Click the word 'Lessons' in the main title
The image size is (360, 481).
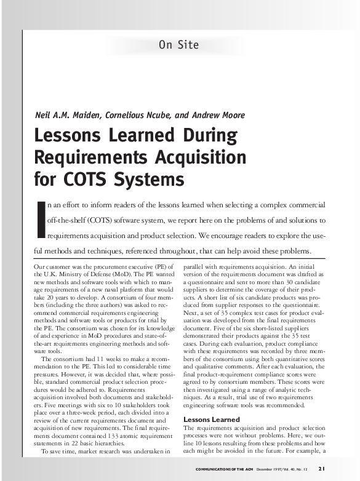[70, 135]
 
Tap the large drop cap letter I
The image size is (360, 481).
[41, 218]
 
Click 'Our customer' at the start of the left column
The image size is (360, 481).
[49, 266]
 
